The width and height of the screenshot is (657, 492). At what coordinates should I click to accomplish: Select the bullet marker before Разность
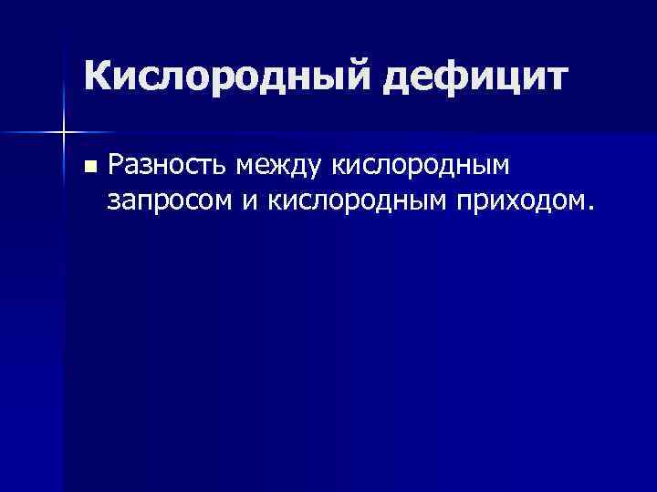[x=89, y=166]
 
